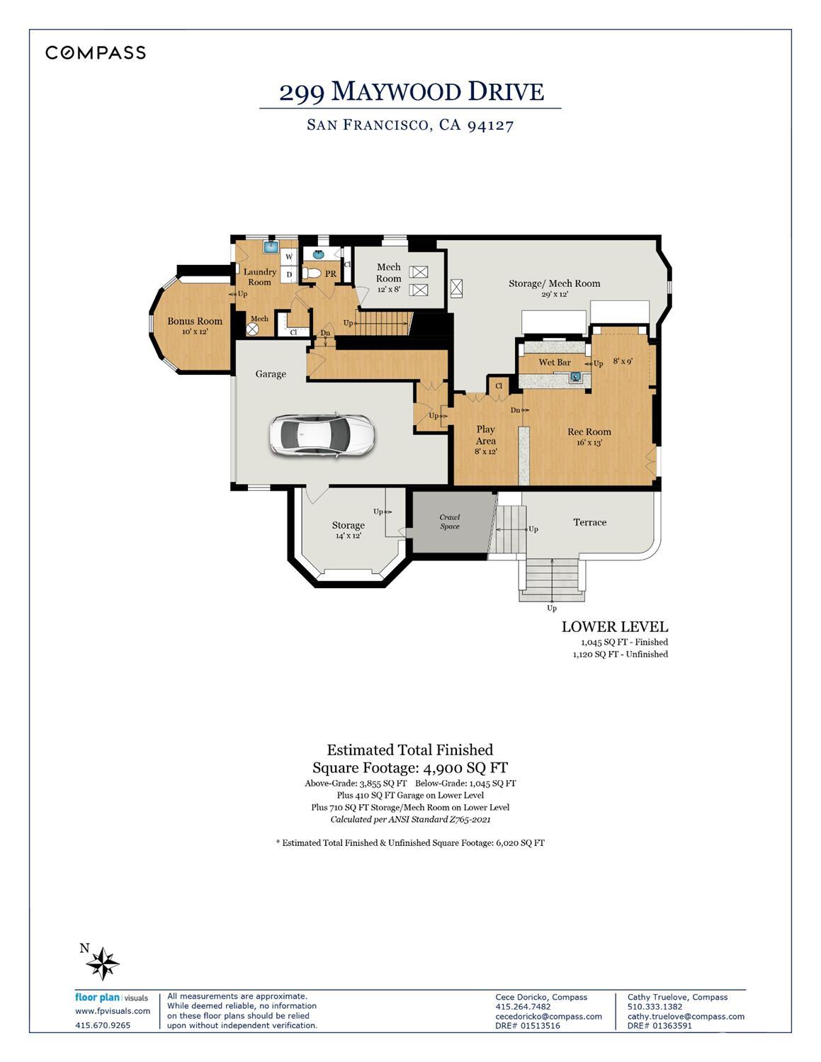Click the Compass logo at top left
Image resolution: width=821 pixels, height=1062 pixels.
pyautogui.click(x=96, y=52)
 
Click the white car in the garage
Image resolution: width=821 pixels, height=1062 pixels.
pyautogui.click(x=321, y=434)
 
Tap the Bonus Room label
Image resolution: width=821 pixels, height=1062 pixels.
pyautogui.click(x=195, y=321)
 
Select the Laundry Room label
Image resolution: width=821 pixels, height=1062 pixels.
pyautogui.click(x=259, y=276)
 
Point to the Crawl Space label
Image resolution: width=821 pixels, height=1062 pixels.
pyautogui.click(x=450, y=521)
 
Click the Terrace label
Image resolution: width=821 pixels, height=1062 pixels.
pyautogui.click(x=589, y=522)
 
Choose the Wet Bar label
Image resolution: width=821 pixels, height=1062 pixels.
pyautogui.click(x=554, y=362)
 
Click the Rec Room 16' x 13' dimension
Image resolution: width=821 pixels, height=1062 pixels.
pyautogui.click(x=589, y=443)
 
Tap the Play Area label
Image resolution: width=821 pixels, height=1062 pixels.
pyautogui.click(x=485, y=434)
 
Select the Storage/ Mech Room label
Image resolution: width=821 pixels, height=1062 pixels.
pyautogui.click(x=554, y=283)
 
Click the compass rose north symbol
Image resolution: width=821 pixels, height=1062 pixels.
pyautogui.click(x=105, y=963)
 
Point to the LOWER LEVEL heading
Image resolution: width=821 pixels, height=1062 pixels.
pyautogui.click(x=614, y=626)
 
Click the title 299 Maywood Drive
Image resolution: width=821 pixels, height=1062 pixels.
pyautogui.click(x=411, y=92)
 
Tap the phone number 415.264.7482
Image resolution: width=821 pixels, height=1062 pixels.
pyautogui.click(x=523, y=1007)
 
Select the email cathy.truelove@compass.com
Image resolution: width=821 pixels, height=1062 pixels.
pyautogui.click(x=685, y=1016)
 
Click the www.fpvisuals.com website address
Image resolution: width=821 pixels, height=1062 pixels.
pyautogui.click(x=113, y=1011)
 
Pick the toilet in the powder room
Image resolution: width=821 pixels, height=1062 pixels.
pyautogui.click(x=311, y=273)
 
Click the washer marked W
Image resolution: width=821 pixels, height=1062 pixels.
pyautogui.click(x=289, y=256)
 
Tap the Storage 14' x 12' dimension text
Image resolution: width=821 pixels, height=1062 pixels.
pyautogui.click(x=348, y=536)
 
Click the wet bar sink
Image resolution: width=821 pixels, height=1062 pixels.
pyautogui.click(x=576, y=377)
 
